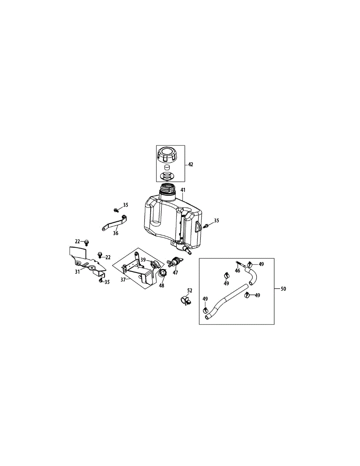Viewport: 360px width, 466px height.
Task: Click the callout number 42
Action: [190, 165]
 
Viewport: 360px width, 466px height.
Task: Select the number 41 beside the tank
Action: [183, 190]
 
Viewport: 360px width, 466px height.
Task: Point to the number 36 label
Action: [116, 233]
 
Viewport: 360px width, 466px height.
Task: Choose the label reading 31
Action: [77, 271]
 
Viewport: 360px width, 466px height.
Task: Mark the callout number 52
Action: [190, 290]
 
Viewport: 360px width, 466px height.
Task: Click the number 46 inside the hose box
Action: [237, 271]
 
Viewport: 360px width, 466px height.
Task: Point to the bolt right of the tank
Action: [206, 226]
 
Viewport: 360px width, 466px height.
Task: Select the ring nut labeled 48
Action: [163, 274]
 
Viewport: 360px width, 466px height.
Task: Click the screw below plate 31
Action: [101, 280]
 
